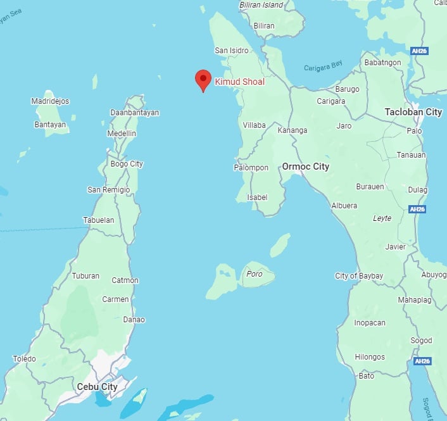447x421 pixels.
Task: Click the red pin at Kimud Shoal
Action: pos(203,80)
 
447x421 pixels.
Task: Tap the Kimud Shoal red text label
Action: pos(239,82)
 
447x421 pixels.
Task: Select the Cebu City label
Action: pos(97,386)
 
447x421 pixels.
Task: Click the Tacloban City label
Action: pos(413,112)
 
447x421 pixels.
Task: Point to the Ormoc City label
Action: pos(305,167)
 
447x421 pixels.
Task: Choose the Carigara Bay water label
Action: pos(323,68)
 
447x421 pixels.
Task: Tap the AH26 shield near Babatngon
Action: pos(418,51)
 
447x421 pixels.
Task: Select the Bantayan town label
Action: pos(49,125)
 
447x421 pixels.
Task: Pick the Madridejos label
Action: pos(50,101)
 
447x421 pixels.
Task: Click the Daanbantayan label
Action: pos(134,113)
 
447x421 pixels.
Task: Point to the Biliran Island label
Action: pos(261,5)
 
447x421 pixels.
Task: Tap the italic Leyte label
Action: pos(382,218)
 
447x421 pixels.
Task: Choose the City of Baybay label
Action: pos(359,276)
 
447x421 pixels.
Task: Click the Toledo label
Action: pos(24,359)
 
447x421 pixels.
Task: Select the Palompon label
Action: pos(251,168)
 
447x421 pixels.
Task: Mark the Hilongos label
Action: pos(369,357)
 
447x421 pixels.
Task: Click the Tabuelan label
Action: pos(99,220)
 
